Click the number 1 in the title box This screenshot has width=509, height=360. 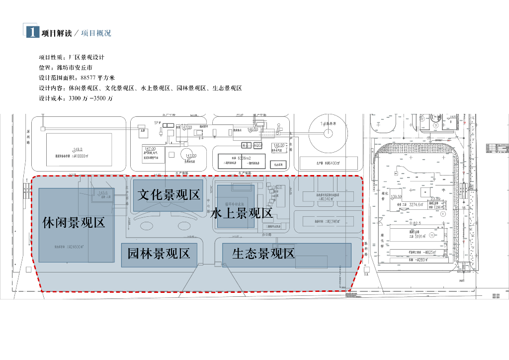tap(32, 32)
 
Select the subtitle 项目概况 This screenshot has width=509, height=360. tap(96, 33)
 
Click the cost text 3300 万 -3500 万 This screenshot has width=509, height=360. tap(91, 98)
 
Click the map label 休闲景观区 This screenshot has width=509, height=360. tap(74, 222)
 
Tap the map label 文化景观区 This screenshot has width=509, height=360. tap(169, 194)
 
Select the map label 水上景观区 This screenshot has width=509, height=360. tap(242, 213)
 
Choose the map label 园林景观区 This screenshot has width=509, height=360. tap(159, 254)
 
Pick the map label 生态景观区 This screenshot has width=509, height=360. tap(263, 254)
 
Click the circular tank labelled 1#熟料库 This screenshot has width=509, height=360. tap(328, 133)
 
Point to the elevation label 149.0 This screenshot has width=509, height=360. tap(78, 149)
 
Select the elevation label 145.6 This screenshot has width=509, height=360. tap(103, 193)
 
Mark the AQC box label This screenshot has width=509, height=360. tap(257, 145)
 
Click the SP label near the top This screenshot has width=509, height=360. tap(157, 122)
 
